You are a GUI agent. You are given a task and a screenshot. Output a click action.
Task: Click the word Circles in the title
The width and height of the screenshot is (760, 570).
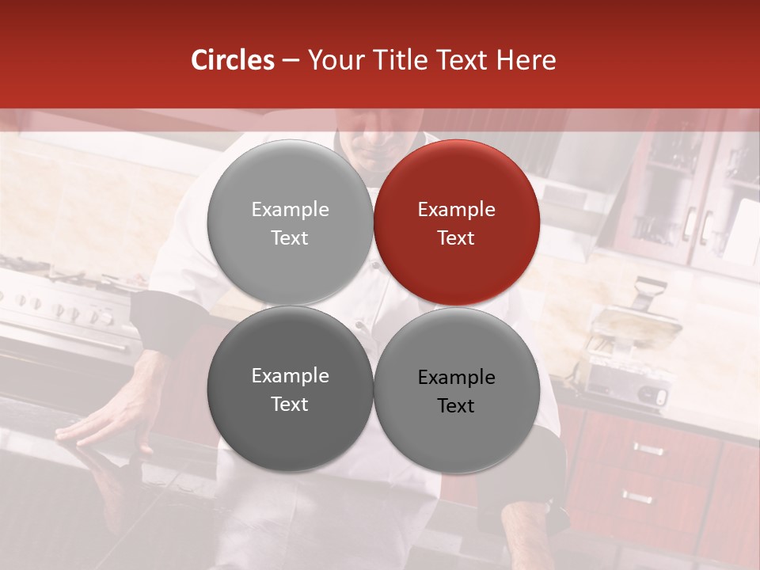pyautogui.click(x=233, y=60)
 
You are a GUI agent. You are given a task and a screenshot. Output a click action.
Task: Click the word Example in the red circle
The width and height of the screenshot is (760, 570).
pyautogui.click(x=456, y=210)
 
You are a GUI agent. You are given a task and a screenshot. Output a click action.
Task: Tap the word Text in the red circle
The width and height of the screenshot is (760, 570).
pyautogui.click(x=456, y=238)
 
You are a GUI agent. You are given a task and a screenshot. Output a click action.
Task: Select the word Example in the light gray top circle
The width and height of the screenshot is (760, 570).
pyautogui.click(x=290, y=210)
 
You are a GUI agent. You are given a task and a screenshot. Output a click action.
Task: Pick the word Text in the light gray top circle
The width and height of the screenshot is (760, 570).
pyautogui.click(x=290, y=238)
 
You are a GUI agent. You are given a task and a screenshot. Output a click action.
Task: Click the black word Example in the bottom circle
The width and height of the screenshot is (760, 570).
pyautogui.click(x=456, y=378)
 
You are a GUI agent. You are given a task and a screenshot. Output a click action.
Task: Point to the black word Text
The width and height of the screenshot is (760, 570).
pyautogui.click(x=456, y=406)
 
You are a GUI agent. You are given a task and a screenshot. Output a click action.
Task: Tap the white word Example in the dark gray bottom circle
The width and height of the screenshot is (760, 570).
pyautogui.click(x=290, y=376)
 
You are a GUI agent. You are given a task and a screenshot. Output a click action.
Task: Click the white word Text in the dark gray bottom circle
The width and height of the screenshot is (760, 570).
pyautogui.click(x=290, y=405)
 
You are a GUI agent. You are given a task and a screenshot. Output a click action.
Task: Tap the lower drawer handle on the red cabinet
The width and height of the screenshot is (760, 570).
pyautogui.click(x=638, y=497)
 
